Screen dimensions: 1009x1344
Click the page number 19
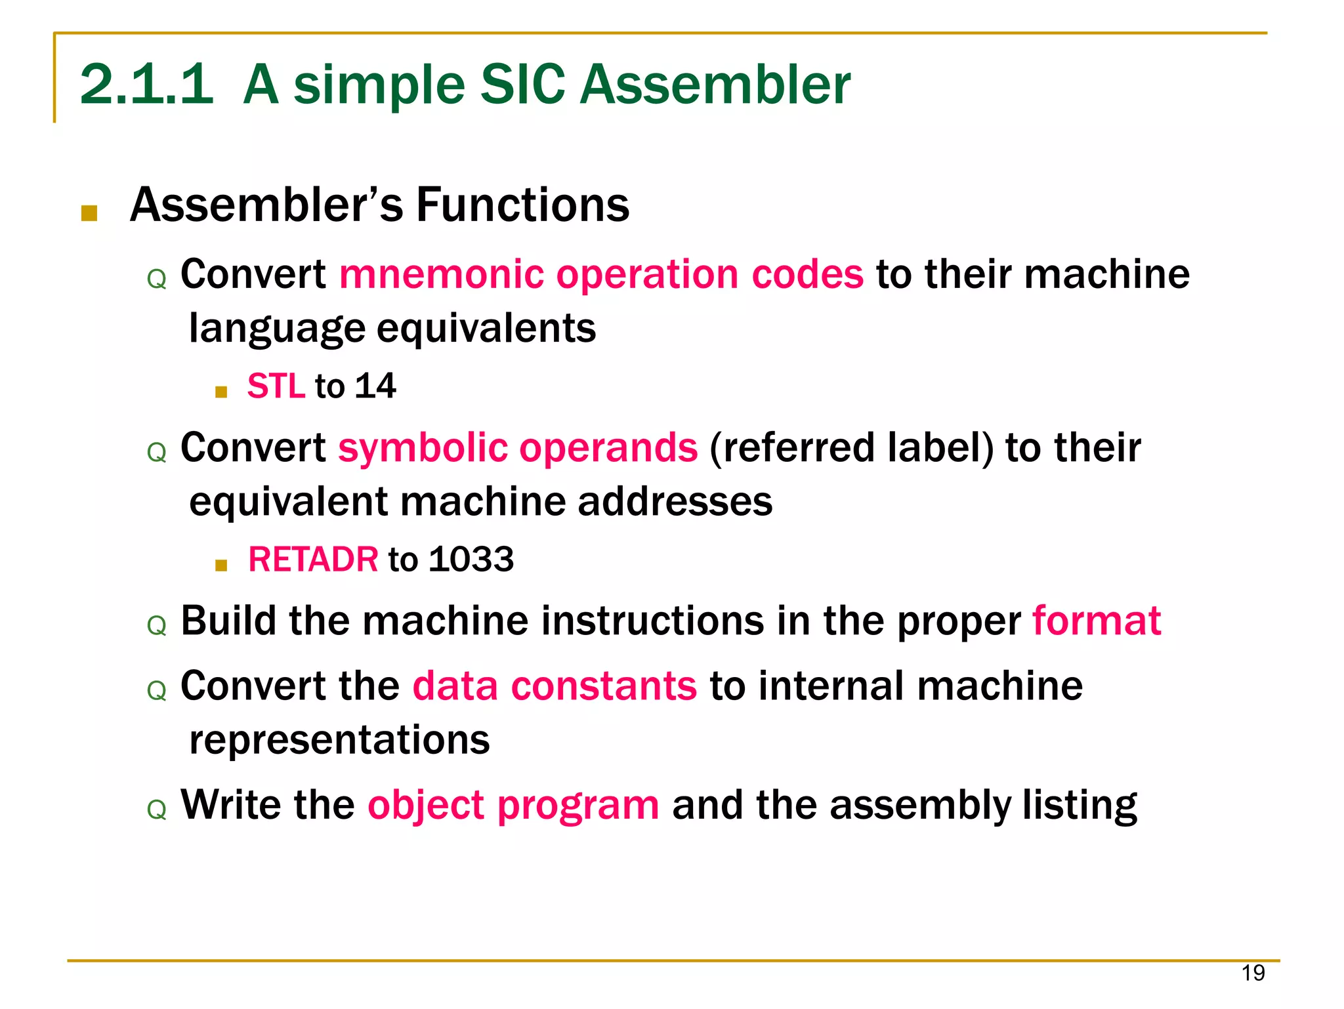tap(1253, 972)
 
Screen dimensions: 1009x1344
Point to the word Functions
tap(522, 205)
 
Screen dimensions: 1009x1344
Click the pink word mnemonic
tap(441, 274)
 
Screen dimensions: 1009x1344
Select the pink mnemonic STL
tap(276, 386)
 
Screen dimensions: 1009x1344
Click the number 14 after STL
tap(375, 386)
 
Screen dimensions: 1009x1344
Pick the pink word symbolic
tap(423, 447)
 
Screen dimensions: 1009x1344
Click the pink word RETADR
tap(312, 560)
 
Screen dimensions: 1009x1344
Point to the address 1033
tap(471, 560)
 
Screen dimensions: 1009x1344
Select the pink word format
tap(1097, 621)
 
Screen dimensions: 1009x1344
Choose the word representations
tap(339, 740)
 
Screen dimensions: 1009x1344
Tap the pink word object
tap(425, 805)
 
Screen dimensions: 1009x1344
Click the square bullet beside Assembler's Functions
tap(89, 213)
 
